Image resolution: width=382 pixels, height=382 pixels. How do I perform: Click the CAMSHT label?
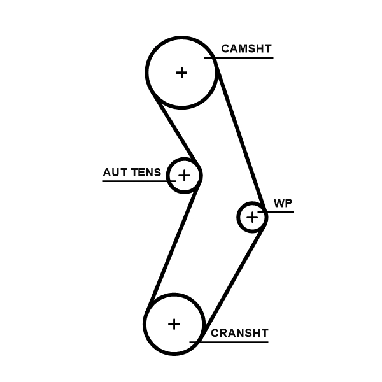tap(246, 48)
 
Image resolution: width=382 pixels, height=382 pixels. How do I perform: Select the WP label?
tap(282, 203)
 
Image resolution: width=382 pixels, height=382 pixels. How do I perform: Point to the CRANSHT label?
tap(239, 332)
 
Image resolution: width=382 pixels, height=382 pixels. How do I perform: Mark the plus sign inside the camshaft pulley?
tap(182, 73)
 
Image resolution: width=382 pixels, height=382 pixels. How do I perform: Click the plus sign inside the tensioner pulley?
tap(184, 174)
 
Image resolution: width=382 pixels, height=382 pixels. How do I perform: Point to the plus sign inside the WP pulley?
tap(253, 218)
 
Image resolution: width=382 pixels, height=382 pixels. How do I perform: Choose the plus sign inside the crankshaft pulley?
tap(174, 324)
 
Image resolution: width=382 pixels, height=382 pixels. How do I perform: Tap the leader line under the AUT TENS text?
tap(134, 181)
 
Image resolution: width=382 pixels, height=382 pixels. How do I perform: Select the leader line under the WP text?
tap(280, 211)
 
